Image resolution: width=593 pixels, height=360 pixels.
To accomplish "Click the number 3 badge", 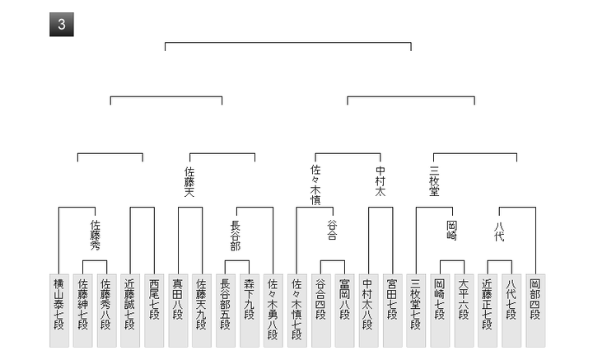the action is click(62, 25).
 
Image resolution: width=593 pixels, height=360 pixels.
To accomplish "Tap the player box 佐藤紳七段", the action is click(82, 310).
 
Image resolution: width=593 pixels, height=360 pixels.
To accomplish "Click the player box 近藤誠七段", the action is click(130, 310).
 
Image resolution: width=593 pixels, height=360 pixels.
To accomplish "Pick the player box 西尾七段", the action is click(154, 310).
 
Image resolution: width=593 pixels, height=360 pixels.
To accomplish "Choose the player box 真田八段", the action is click(178, 310).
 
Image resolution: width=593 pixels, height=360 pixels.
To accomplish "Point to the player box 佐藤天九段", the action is click(202, 310).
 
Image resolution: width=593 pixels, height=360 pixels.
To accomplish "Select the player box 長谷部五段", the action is click(226, 310).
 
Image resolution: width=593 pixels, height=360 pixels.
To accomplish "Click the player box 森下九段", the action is click(250, 310).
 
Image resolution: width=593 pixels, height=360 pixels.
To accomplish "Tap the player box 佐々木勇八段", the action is click(273, 310).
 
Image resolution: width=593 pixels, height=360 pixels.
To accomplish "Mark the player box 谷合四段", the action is click(320, 310).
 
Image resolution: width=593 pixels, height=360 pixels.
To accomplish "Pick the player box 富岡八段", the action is click(344, 310).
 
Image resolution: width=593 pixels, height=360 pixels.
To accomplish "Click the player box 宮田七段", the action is click(392, 310).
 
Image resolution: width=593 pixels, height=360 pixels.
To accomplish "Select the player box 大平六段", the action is click(464, 310).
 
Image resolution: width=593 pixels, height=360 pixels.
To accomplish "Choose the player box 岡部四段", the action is click(535, 310).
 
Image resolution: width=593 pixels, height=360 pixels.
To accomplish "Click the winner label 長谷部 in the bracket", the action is click(236, 234).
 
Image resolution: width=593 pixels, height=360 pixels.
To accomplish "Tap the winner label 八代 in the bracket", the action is click(500, 230).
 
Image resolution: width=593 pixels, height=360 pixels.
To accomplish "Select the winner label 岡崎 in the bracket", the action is click(451, 230).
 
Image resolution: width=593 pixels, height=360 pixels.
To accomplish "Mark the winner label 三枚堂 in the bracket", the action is click(434, 180).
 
